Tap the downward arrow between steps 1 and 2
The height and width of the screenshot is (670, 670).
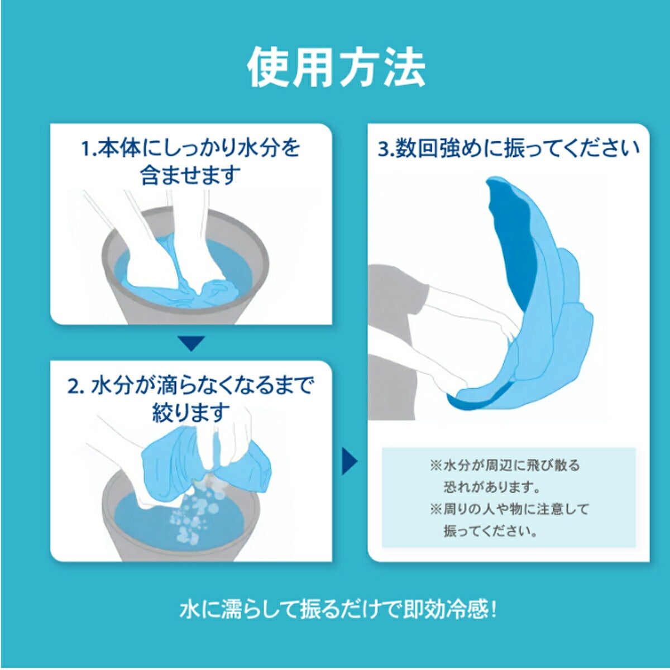point(191,342)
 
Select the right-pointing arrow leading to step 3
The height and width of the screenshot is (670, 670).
point(350,462)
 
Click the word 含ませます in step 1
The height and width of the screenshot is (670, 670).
point(190,175)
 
